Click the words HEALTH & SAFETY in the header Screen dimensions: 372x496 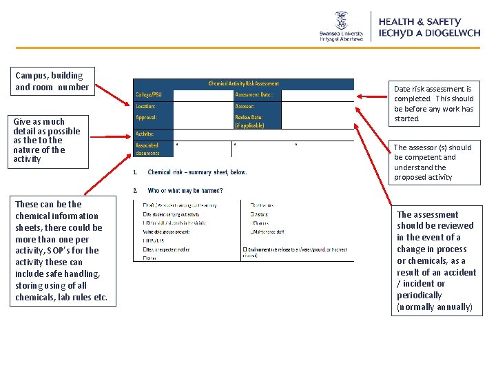tap(420, 22)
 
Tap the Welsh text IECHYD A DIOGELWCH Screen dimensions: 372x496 tap(429, 33)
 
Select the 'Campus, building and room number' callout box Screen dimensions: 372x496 tap(52, 81)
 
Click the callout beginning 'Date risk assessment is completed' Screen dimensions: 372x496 tap(434, 103)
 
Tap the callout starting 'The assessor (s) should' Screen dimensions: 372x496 tap(434, 162)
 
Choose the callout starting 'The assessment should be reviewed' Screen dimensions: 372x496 tap(435, 260)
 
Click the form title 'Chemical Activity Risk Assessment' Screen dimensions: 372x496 tap(243, 84)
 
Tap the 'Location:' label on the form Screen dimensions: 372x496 tap(145, 107)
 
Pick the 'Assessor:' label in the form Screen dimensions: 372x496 tap(245, 107)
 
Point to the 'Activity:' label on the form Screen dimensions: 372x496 tap(145, 134)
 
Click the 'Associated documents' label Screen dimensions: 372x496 tap(147, 149)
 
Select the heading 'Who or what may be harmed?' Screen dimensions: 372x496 tap(185, 190)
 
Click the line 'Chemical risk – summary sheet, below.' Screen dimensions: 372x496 tap(197, 172)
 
